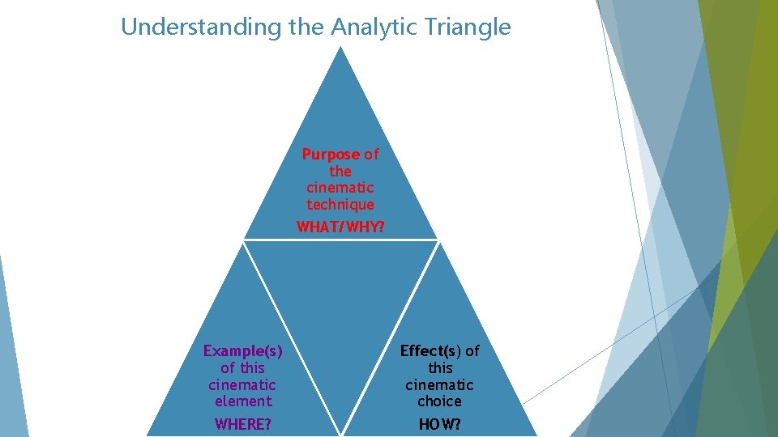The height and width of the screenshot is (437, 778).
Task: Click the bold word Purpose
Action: [331, 154]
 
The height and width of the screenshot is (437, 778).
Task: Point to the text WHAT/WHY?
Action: [340, 227]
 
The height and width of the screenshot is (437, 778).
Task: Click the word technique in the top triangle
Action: [340, 205]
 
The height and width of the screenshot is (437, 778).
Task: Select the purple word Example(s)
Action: [242, 350]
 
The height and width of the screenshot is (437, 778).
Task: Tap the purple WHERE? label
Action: [242, 423]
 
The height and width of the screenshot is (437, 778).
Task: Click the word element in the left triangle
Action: [242, 401]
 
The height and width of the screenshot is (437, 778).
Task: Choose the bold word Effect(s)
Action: [430, 350]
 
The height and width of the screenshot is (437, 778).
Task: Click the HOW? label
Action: [440, 423]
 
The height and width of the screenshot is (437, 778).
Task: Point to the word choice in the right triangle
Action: [440, 401]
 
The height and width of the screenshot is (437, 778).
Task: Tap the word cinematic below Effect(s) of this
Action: [440, 384]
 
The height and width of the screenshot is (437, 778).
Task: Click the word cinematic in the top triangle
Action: [340, 188]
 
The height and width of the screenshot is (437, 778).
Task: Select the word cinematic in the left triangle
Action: [242, 384]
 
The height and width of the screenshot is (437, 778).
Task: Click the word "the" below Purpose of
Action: [340, 171]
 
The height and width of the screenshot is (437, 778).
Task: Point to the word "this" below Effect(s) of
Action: [440, 367]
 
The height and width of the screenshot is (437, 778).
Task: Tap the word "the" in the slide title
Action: [306, 27]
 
